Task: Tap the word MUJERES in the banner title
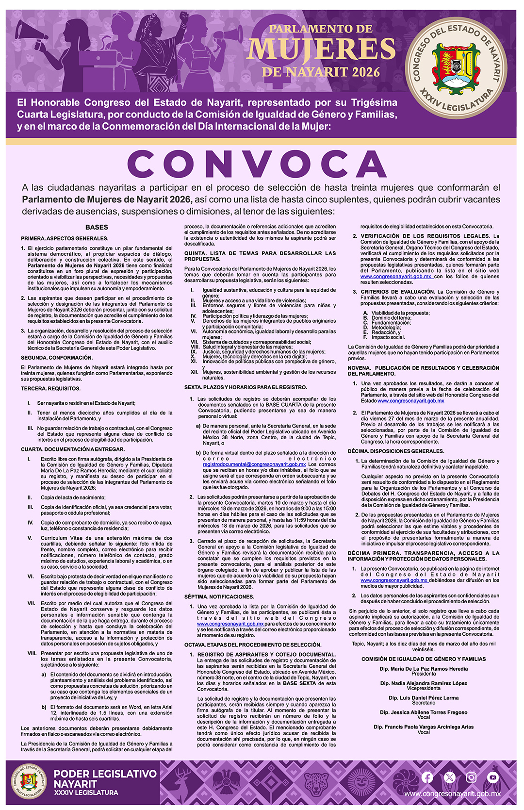pyautogui.click(x=321, y=49)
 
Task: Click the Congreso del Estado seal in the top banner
pyautogui.click(x=456, y=66)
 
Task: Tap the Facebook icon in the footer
pyautogui.click(x=427, y=777)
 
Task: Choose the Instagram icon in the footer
pyautogui.click(x=471, y=777)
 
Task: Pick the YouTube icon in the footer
pyautogui.click(x=493, y=777)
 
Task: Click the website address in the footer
pyautogui.click(x=452, y=794)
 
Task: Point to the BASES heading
pyautogui.click(x=97, y=227)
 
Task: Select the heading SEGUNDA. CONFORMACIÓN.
pyautogui.click(x=56, y=358)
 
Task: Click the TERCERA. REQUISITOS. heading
pyautogui.click(x=50, y=389)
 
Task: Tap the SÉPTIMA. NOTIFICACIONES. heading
pyautogui.click(x=219, y=596)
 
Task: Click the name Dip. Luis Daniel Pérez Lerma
pyautogui.click(x=424, y=698)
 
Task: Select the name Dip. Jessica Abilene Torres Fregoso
pyautogui.click(x=424, y=712)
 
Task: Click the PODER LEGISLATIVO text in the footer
pyautogui.click(x=105, y=774)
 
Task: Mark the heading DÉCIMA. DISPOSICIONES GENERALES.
pyautogui.click(x=396, y=451)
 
